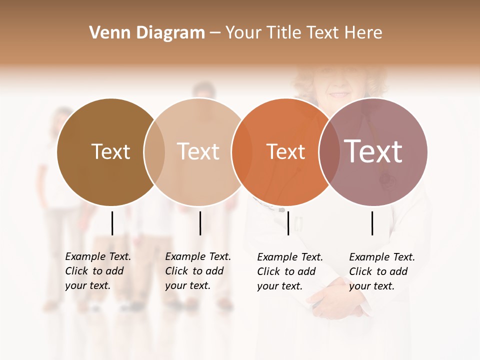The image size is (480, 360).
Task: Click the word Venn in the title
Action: coord(105,33)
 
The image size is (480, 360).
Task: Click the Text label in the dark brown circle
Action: coord(110,151)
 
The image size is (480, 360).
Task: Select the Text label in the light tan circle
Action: coord(198,151)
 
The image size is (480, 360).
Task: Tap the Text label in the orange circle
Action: coord(285,151)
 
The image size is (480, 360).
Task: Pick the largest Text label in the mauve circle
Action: coord(373,151)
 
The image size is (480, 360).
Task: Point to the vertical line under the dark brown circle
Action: coord(112,223)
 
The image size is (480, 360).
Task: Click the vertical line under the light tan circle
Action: coord(200,223)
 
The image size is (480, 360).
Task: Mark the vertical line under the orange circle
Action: coord(288,223)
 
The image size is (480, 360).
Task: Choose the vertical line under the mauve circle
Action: coord(372,223)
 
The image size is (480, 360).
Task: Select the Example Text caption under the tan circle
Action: coord(197,271)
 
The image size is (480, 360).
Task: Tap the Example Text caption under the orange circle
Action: coord(289,271)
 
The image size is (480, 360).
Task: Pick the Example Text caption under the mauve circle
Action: coord(381,271)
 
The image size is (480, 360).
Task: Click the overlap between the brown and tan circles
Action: coord(154,152)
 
